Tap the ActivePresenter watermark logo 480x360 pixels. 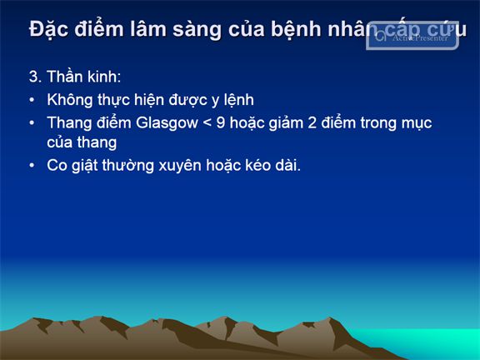(x=412, y=36)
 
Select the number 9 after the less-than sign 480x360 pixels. (x=221, y=122)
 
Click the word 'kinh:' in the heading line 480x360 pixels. (x=104, y=76)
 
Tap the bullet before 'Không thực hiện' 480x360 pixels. (x=32, y=100)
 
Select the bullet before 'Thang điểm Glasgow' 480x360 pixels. (x=32, y=123)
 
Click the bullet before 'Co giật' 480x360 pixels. (x=32, y=166)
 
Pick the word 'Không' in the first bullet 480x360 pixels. (x=69, y=99)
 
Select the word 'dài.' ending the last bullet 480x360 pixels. (x=288, y=165)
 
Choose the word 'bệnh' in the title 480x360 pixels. (x=297, y=30)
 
